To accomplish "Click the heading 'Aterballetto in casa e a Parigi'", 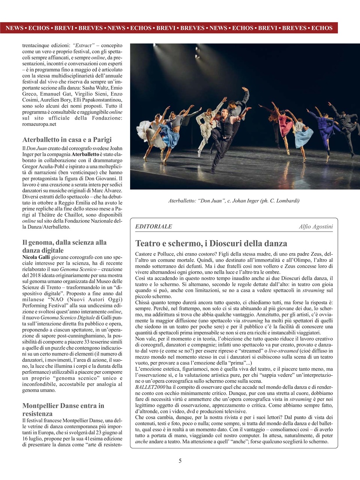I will [67, 139].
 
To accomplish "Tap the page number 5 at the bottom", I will [180, 461].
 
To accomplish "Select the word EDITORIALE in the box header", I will [153, 226].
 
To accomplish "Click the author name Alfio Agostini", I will [316, 226].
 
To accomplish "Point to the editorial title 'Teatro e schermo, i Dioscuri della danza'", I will [211, 243].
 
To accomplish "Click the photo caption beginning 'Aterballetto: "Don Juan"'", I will [234, 201].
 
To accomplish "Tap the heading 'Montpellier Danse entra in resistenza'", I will [63, 409].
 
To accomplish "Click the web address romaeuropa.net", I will [39, 124].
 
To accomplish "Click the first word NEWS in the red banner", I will [14, 28].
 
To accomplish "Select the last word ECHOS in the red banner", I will [322, 28].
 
